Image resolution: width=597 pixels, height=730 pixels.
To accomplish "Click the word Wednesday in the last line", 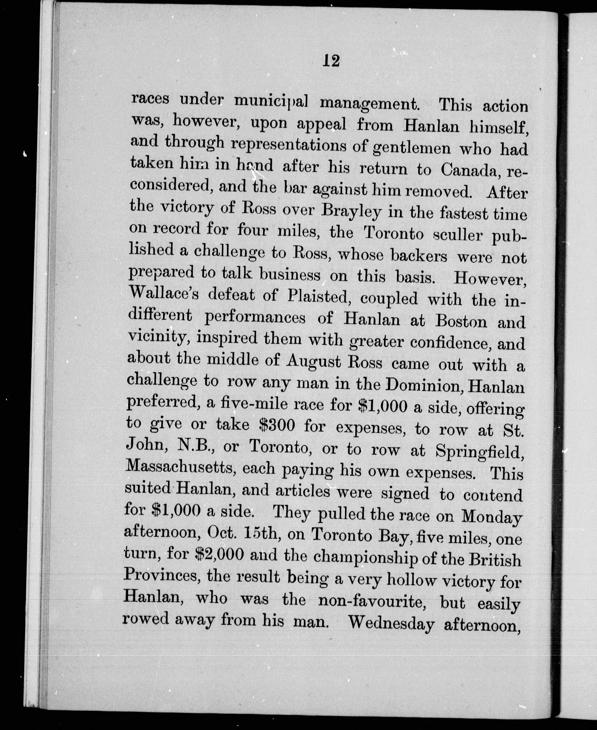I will pyautogui.click(x=391, y=623).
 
